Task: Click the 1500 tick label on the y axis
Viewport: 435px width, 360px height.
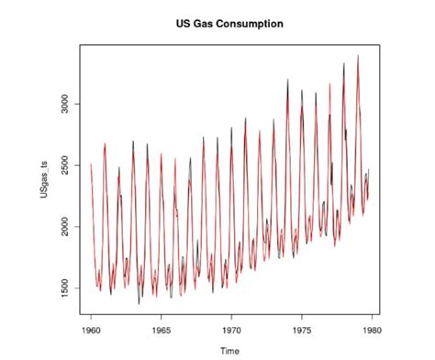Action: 64,288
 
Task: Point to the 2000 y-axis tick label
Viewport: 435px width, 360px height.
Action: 64,227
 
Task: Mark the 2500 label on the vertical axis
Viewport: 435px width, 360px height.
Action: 64,165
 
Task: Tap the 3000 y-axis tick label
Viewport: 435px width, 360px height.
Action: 64,104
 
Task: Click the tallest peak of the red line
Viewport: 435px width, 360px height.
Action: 358,55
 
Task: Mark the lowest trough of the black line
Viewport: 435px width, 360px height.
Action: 139,303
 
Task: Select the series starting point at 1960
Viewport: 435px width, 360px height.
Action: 91,165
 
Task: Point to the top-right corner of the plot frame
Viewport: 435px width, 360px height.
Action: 380,45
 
